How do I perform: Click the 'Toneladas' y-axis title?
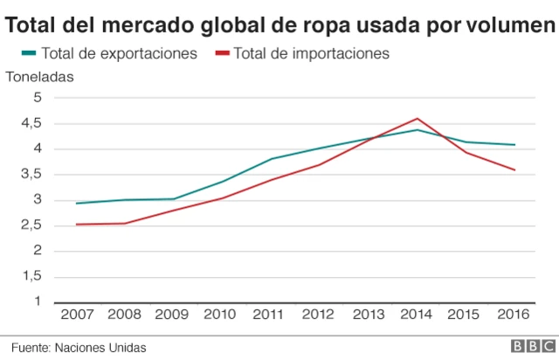click(x=40, y=76)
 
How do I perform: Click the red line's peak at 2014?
click(x=418, y=118)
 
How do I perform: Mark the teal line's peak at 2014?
click(x=418, y=129)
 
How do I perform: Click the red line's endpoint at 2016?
click(x=514, y=170)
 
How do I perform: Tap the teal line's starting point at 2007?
click(x=78, y=203)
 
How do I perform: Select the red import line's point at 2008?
click(x=127, y=223)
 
